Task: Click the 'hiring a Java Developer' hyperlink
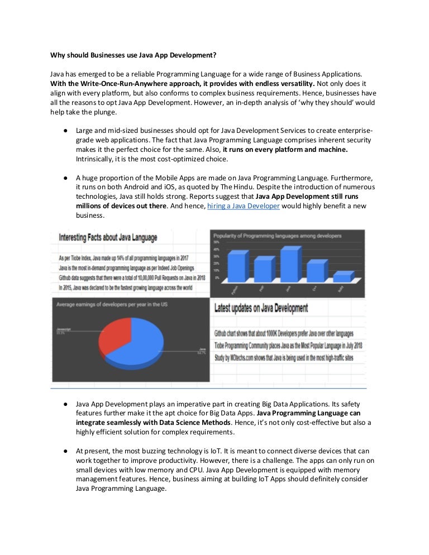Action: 243,206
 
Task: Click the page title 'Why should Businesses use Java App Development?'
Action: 133,55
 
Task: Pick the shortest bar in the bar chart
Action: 342,277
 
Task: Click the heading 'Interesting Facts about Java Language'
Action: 108,237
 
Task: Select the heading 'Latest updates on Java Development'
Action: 261,308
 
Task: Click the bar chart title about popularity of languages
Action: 278,236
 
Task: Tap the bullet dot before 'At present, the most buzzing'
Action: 65,451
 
